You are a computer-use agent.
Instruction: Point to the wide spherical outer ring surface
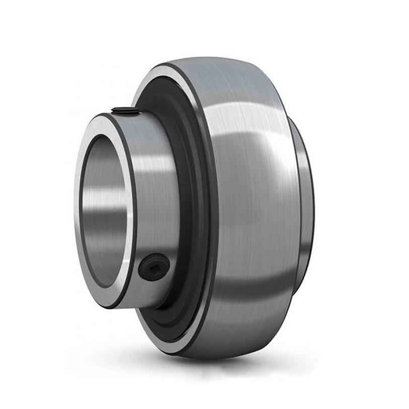click(252, 211)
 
